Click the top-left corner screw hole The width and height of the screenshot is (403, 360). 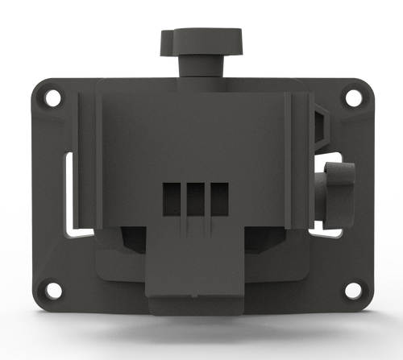(x=52, y=98)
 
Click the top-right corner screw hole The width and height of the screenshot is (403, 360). (x=352, y=97)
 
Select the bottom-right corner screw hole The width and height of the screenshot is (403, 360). (x=353, y=288)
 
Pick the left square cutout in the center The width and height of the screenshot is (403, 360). (x=172, y=198)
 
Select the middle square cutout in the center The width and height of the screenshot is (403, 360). (x=195, y=198)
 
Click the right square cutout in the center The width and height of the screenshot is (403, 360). (x=218, y=198)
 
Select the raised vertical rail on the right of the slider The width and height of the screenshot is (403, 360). (x=295, y=161)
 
